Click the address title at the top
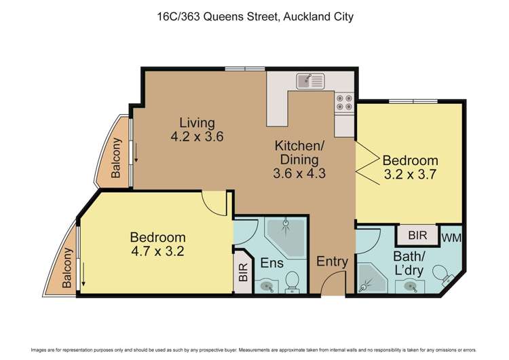[x=254, y=16]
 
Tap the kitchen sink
[x=311, y=82]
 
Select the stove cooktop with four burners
[x=343, y=102]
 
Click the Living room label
[x=197, y=123]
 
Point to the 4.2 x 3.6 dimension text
[x=197, y=137]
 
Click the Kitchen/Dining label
[x=299, y=152]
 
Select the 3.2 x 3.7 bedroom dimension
[x=409, y=175]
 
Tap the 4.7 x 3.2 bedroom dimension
[x=157, y=251]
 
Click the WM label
[x=451, y=238]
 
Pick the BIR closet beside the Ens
[x=243, y=276]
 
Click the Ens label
[x=272, y=262]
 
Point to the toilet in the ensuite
[x=293, y=281]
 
